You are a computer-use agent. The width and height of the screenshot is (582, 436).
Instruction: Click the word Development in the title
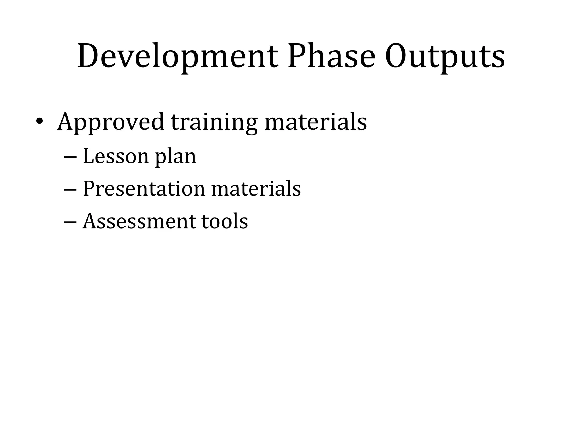pos(178,56)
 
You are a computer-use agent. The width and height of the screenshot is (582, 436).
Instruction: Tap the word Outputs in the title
pos(445,56)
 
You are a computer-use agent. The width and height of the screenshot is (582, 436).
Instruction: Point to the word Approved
pos(111,122)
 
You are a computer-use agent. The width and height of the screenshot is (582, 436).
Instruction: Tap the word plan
pos(175,157)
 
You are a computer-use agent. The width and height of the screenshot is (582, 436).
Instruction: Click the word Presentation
pos(144,188)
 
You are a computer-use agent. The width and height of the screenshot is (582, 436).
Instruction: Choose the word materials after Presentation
pos(256,188)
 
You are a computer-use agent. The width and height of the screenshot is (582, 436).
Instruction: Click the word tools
pos(225,221)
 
